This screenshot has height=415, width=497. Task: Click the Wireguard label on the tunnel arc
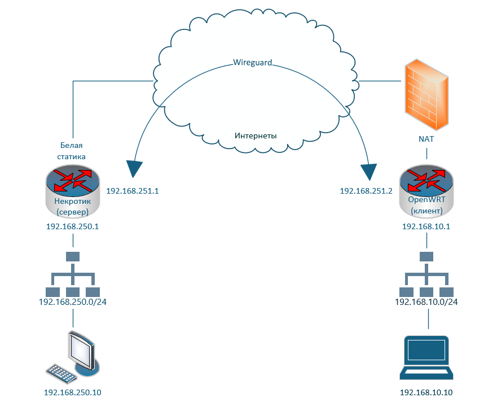coord(253,62)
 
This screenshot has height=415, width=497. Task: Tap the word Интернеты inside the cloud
coord(256,136)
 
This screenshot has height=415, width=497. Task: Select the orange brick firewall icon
coord(426,94)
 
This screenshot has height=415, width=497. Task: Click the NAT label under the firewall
coord(426,138)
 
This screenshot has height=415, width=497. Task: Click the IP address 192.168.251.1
coord(133,191)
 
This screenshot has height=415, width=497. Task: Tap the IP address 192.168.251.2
coord(366,191)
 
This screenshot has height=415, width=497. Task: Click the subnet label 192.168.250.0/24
coord(73,302)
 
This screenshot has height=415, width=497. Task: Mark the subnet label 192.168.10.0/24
coord(426,302)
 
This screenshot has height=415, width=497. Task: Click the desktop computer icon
coord(79,353)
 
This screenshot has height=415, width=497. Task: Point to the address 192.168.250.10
coord(73,392)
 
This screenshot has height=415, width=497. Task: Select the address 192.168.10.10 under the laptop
coord(426,392)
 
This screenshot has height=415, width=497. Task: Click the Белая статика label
coord(73,150)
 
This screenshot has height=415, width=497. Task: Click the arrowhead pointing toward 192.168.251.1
coord(134,169)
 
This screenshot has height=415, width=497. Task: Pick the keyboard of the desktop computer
coord(61,373)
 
